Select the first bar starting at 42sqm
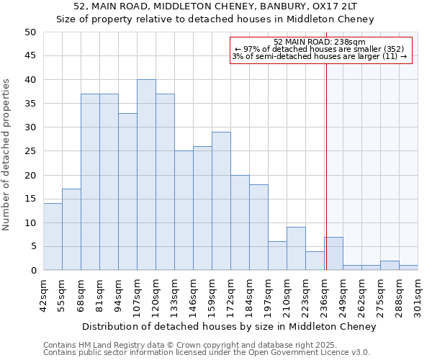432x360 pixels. [53, 237]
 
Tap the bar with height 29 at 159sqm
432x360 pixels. [221, 201]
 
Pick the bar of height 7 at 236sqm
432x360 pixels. [333, 253]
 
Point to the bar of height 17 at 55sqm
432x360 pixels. [71, 230]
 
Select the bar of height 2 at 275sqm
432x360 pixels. [390, 266]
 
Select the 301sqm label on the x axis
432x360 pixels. [418, 293]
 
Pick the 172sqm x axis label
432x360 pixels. [230, 293]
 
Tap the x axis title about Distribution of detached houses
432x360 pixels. [229, 326]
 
